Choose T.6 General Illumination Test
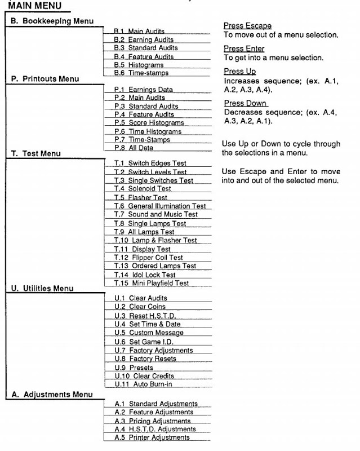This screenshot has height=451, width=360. (159, 206)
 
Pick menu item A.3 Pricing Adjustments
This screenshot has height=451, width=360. (152, 421)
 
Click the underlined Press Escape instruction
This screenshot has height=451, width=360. (247, 26)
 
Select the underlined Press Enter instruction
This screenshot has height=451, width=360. (244, 49)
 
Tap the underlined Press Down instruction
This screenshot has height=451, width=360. (245, 103)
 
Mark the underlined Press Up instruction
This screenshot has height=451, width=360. (240, 72)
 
